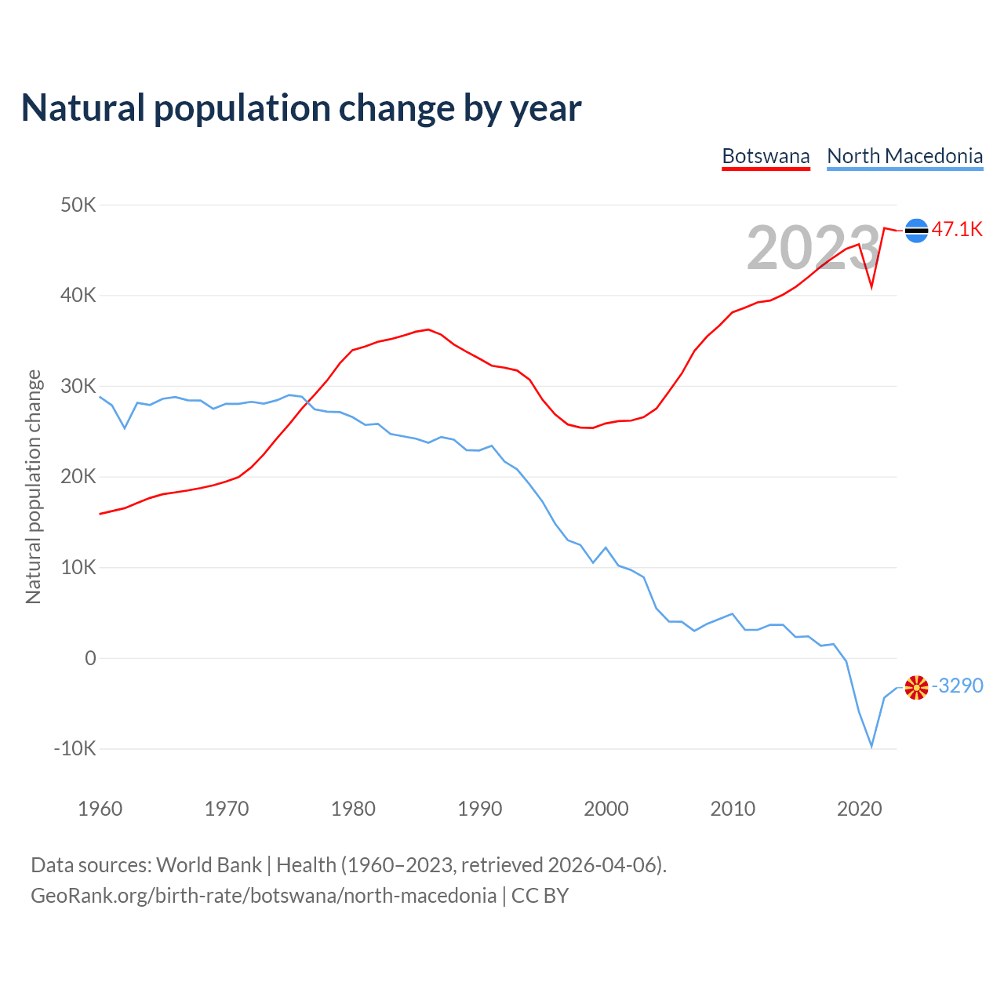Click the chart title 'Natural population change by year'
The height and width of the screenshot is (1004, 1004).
[301, 108]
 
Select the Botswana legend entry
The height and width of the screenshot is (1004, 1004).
[766, 156]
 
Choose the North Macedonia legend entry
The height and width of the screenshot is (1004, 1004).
[904, 156]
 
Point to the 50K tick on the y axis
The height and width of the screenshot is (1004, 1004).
[78, 206]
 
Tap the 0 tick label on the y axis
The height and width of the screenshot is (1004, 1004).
[90, 658]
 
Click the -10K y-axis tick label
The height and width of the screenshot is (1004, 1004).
[75, 748]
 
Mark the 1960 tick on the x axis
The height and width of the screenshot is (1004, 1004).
[100, 809]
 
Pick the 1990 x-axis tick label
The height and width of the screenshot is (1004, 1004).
[480, 809]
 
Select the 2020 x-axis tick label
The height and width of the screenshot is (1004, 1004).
[860, 809]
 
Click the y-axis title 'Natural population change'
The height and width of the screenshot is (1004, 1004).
[33, 487]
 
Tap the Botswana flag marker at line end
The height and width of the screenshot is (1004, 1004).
[916, 230]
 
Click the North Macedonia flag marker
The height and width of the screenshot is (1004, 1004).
[916, 688]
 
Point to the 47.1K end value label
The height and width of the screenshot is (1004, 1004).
[957, 229]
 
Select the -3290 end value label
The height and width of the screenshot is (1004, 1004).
[958, 686]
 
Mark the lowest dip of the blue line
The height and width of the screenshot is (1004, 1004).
[871, 746]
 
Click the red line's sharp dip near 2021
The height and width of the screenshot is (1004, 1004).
[871, 287]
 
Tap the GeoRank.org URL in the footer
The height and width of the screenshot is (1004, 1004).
[264, 896]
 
